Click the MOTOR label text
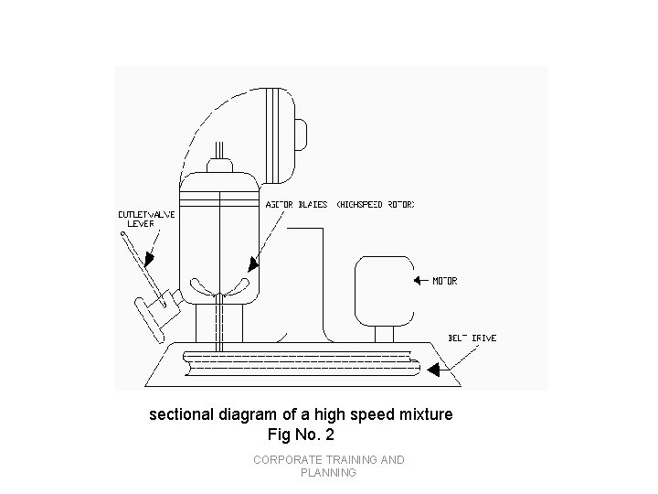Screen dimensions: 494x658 (446, 281)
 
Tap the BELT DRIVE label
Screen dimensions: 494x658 (472, 338)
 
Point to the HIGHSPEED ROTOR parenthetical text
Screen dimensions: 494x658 (376, 205)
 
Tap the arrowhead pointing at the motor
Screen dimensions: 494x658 (418, 281)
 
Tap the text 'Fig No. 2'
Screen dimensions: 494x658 (300, 434)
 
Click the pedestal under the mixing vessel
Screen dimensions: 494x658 (219, 322)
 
